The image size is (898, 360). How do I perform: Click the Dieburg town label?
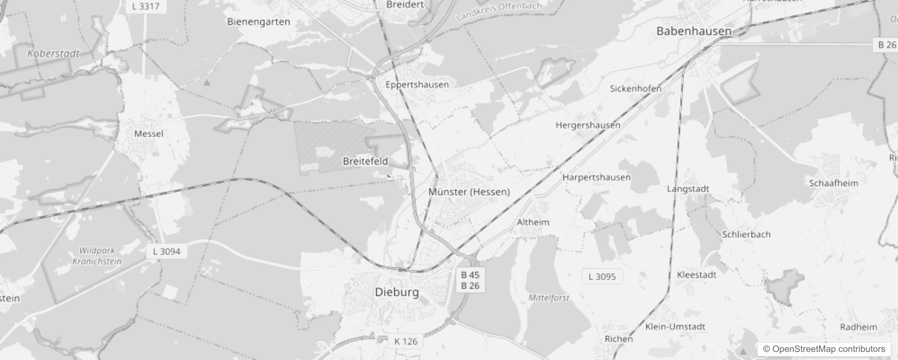396,292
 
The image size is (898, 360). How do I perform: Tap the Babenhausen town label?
694,31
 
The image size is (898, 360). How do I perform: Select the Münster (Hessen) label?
469,192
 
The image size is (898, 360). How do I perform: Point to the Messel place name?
148,134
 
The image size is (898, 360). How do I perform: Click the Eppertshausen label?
417,85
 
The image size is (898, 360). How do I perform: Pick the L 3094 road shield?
166,251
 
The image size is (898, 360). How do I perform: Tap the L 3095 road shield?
602,276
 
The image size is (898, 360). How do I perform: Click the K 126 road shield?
405,342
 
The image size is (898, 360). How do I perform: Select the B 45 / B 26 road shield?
470,280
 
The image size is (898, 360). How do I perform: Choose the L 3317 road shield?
146,6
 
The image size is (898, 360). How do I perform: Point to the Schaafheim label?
833,183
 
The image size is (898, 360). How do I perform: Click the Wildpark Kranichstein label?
97,256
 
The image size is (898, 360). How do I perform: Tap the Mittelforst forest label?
548,297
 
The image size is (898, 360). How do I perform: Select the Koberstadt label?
53,54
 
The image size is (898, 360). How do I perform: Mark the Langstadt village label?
687,189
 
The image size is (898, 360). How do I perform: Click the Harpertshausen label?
596,177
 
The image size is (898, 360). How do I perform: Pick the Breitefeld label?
365,161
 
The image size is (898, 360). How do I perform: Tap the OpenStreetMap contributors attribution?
824,349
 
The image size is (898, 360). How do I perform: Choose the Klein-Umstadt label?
675,327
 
